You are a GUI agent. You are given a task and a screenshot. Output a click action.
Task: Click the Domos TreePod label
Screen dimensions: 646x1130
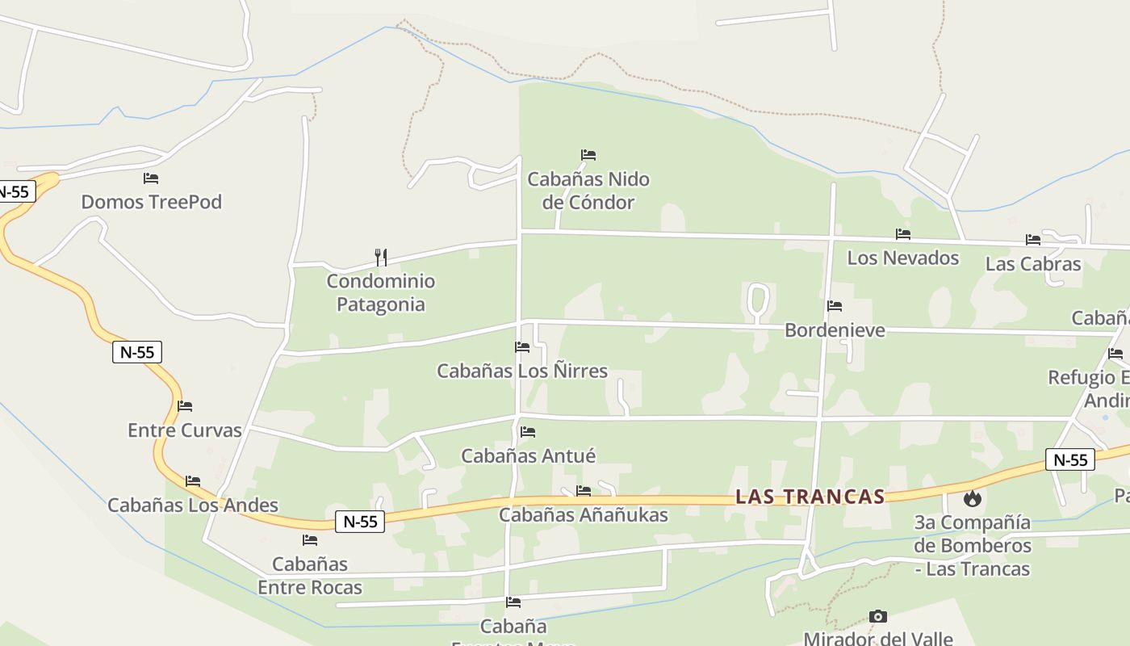(x=151, y=202)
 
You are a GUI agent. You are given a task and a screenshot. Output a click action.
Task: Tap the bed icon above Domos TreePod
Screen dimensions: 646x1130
(x=151, y=178)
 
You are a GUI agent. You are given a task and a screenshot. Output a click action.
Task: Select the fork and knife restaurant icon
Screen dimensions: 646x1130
(x=381, y=258)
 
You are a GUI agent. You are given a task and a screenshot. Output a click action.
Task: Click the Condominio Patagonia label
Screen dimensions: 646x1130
(x=380, y=293)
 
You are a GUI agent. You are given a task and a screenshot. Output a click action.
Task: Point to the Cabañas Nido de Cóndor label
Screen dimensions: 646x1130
(x=588, y=191)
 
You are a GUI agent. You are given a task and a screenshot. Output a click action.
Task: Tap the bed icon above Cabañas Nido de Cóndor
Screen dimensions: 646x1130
(x=588, y=155)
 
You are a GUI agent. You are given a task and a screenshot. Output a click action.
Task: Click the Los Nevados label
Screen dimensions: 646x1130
(x=902, y=258)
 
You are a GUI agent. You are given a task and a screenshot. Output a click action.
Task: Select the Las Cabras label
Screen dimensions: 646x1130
(x=1032, y=264)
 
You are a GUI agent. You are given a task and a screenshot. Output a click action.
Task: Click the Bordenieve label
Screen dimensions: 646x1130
(x=835, y=330)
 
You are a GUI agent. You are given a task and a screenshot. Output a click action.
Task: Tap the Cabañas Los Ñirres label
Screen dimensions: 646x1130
(x=522, y=371)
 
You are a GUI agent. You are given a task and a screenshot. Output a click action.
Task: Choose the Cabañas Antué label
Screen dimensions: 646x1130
(x=528, y=456)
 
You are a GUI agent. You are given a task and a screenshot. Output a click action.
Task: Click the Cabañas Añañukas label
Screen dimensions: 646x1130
(x=583, y=515)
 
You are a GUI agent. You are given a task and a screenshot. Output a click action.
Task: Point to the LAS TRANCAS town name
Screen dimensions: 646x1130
(x=810, y=497)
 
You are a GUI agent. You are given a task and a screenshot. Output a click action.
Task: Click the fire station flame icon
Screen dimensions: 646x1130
(x=972, y=499)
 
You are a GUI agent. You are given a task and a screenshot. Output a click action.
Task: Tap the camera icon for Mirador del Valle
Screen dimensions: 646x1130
(x=878, y=617)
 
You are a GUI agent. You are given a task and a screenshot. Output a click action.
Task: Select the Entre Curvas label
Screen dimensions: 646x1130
(x=185, y=430)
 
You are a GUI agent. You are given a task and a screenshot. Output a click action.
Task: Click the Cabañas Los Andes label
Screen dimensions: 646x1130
(x=193, y=505)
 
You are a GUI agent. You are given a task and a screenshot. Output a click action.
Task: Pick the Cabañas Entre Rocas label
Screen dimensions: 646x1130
(x=310, y=575)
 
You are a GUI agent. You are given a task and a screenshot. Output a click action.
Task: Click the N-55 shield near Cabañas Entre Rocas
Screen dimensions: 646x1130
(x=360, y=522)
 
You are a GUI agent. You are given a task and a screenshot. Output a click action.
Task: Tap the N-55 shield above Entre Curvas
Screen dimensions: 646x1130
(x=137, y=352)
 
